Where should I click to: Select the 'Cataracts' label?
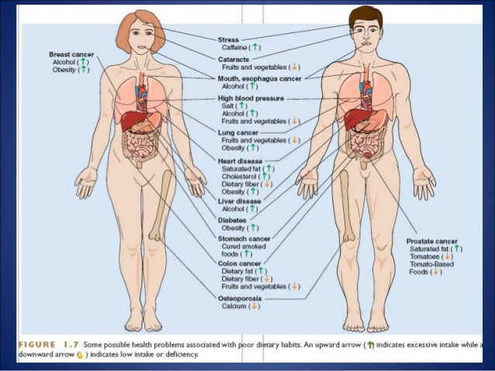(234, 59)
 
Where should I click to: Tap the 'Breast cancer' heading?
(71, 55)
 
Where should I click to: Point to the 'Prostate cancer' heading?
(432, 242)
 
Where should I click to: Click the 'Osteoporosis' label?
(241, 298)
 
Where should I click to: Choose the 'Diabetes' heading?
(232, 220)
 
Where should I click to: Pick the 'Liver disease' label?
(238, 201)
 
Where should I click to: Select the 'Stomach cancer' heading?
(243, 239)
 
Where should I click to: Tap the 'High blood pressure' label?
(251, 99)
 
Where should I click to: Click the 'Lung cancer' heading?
(238, 132)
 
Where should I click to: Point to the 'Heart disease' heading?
(241, 160)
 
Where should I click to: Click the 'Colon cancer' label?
(238, 263)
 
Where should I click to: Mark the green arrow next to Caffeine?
(256, 48)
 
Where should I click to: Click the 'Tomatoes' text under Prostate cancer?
(425, 257)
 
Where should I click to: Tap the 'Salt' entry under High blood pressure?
(229, 106)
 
